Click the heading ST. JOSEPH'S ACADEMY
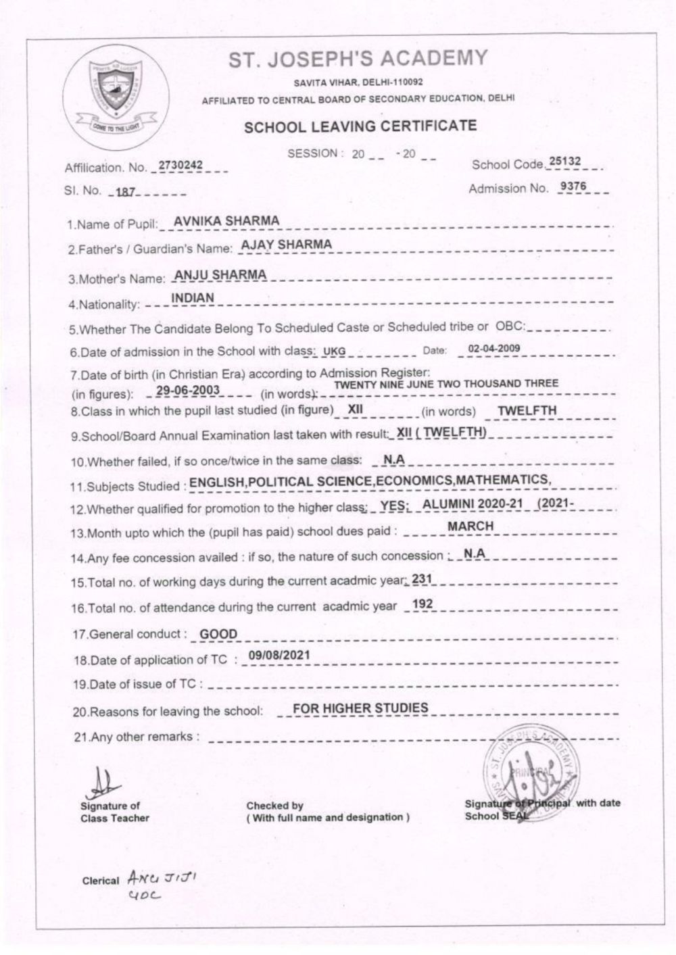pos(358,59)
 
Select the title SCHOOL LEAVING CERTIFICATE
pos(360,126)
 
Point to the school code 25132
pos(565,162)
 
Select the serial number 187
pos(126,192)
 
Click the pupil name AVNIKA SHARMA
pos(226,221)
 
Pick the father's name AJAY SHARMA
pos(287,245)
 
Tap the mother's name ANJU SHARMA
pos(220,274)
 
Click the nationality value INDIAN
pos(193,298)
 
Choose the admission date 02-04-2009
pos(493,349)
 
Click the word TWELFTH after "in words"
pos(527,410)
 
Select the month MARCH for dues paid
pos(470,527)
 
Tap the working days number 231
pos(421,579)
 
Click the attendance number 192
pos(422,604)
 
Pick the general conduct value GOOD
pos(218,634)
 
